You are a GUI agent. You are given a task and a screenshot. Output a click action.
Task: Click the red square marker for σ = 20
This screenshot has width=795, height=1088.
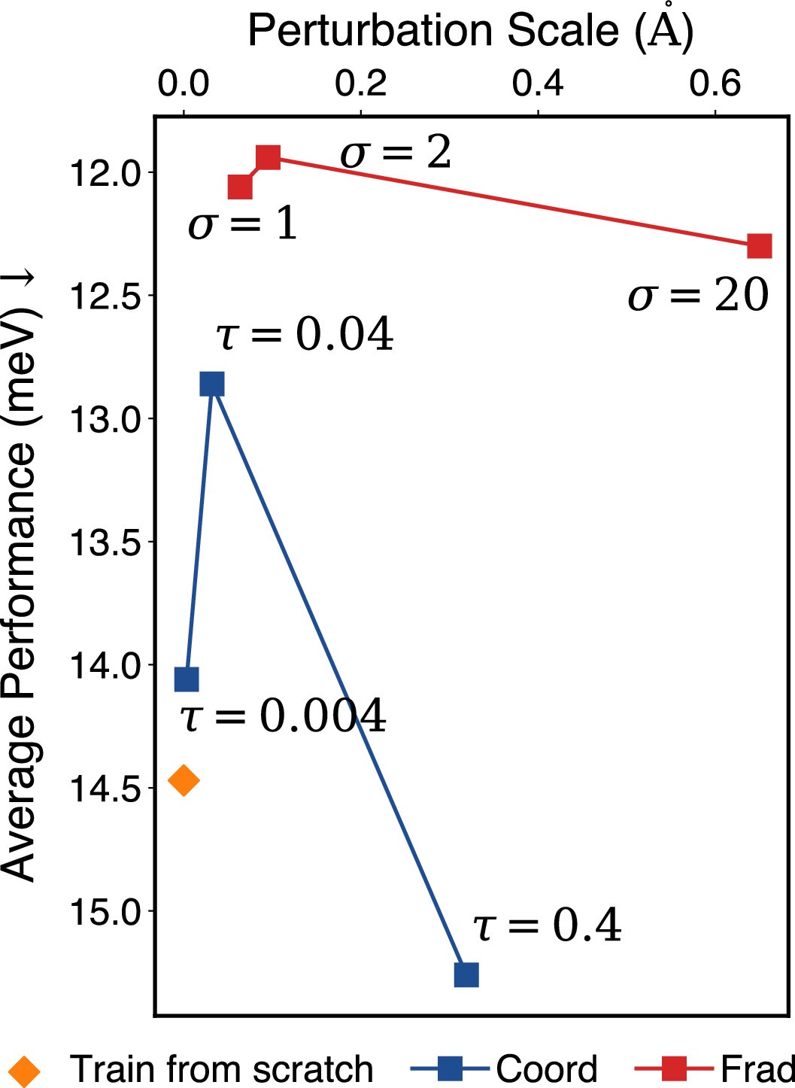click(759, 246)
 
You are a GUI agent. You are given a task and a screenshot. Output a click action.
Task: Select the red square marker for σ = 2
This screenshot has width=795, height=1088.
click(269, 158)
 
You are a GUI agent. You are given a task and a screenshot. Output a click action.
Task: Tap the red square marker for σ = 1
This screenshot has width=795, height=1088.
click(240, 187)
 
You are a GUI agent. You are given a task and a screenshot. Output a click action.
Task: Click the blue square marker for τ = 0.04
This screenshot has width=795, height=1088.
click(212, 384)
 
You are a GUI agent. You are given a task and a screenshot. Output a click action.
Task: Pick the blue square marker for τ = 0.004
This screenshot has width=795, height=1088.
click(187, 679)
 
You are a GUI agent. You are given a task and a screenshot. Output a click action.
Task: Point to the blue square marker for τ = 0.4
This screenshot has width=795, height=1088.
click(466, 974)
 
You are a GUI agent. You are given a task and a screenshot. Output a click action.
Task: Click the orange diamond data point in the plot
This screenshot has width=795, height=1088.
click(184, 780)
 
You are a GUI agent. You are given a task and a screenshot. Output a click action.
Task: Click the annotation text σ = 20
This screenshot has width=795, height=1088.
click(698, 295)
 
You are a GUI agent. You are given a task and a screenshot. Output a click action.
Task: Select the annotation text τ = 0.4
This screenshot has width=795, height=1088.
click(547, 925)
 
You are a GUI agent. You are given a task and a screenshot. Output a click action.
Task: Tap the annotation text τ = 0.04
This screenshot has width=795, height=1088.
click(305, 334)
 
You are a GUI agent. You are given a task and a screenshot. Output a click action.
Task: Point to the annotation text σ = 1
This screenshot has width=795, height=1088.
click(242, 224)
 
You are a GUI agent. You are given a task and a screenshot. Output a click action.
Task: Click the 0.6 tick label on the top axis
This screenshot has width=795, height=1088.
click(715, 84)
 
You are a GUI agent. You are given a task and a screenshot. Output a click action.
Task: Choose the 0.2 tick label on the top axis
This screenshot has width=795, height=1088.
click(361, 84)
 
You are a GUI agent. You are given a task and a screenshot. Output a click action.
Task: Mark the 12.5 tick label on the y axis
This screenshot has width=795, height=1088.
click(105, 296)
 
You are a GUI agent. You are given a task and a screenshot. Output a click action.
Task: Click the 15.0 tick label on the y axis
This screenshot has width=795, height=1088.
click(105, 911)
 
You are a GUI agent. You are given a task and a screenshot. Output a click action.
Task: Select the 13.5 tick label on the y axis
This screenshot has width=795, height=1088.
click(105, 542)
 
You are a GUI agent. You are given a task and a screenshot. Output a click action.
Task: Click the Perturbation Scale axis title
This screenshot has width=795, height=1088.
click(471, 32)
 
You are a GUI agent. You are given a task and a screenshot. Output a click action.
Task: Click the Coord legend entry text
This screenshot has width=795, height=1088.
click(547, 1068)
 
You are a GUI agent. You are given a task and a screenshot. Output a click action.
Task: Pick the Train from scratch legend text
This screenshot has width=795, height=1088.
click(221, 1068)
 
